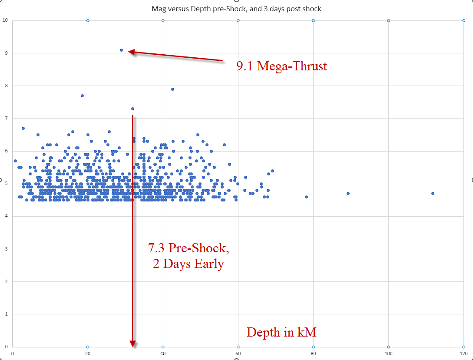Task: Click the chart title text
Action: (236, 9)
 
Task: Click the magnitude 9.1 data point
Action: (121, 50)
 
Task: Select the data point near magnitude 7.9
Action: (172, 89)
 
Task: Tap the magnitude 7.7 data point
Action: (82, 96)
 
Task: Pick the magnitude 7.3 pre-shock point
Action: (132, 109)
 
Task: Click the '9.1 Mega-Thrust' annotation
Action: (281, 66)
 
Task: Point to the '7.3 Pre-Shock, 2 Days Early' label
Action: (188, 256)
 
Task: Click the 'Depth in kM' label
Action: (281, 332)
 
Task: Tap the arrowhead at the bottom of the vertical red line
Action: (132, 344)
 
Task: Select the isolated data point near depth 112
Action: (433, 193)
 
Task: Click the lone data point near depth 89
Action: (348, 193)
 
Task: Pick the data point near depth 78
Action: (306, 197)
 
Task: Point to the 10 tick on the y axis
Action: (5, 20)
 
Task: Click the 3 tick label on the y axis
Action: (7, 249)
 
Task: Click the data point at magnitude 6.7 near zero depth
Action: (23, 128)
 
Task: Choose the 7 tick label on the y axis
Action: (7, 118)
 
